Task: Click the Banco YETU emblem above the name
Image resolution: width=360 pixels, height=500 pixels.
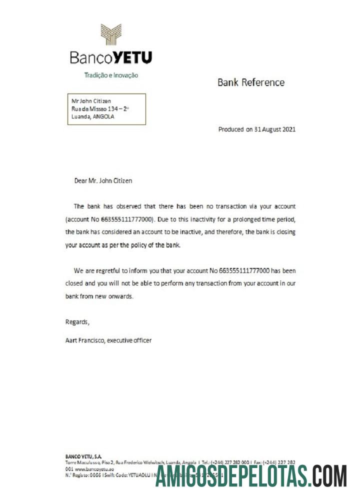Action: click(111, 34)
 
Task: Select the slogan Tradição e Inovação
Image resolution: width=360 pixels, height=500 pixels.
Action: click(110, 75)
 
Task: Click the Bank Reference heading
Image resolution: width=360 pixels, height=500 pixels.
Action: click(250, 82)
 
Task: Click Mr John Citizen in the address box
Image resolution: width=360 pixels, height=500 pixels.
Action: click(91, 101)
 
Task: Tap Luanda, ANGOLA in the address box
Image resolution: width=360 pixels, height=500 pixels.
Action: click(93, 117)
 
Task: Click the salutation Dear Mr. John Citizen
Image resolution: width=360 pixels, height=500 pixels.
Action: click(103, 180)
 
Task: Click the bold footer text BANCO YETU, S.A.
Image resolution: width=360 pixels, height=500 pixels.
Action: click(83, 456)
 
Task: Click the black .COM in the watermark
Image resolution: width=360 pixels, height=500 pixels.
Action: click(327, 476)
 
